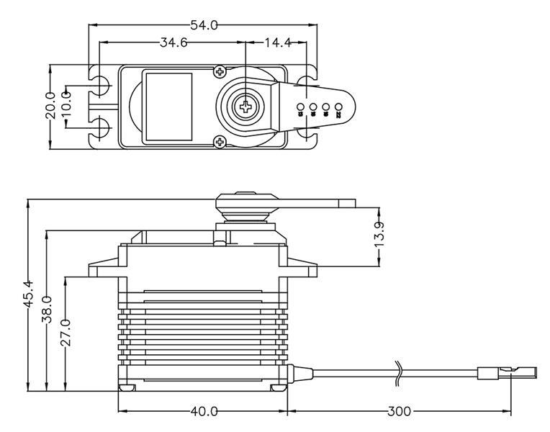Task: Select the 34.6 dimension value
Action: (x=173, y=43)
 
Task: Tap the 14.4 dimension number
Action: (x=277, y=43)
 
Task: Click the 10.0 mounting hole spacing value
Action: (x=66, y=105)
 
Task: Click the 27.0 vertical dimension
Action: (x=66, y=333)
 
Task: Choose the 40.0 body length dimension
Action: (x=204, y=412)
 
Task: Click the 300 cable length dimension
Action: (x=398, y=412)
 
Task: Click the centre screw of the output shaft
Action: (x=246, y=107)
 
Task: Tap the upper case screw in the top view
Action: (x=220, y=72)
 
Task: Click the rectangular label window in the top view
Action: (x=168, y=106)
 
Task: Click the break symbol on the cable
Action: (x=398, y=372)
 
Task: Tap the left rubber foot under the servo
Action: (x=127, y=387)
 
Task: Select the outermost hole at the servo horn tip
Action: (x=338, y=110)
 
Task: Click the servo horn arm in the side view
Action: (x=317, y=203)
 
